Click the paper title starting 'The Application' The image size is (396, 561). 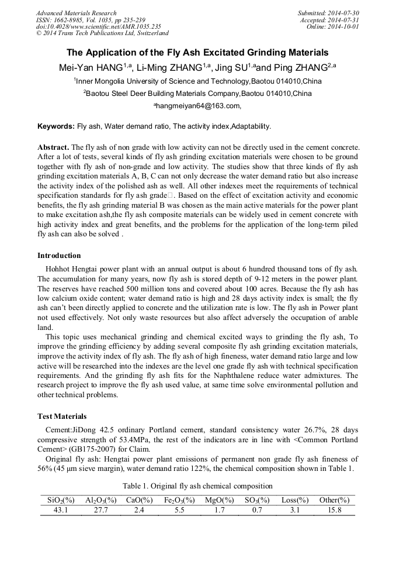pyautogui.click(x=197, y=53)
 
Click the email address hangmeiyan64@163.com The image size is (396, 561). pyautogui.click(x=197, y=106)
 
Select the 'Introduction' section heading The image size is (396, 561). pyautogui.click(x=59, y=256)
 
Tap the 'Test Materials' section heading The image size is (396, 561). pyautogui.click(x=62, y=416)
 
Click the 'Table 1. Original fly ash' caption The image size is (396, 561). pyautogui.click(x=197, y=486)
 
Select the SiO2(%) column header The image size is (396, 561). pyautogui.click(x=61, y=500)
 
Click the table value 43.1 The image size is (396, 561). pyautogui.click(x=61, y=510)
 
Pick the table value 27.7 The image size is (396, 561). pyautogui.click(x=101, y=510)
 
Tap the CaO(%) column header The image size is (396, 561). pyautogui.click(x=139, y=500)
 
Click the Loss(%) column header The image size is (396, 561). pyautogui.click(x=295, y=500)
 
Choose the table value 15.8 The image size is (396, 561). pyautogui.click(x=335, y=510)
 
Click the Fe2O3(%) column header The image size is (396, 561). pyautogui.click(x=178, y=500)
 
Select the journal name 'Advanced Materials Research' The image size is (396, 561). pyautogui.click(x=76, y=13)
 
